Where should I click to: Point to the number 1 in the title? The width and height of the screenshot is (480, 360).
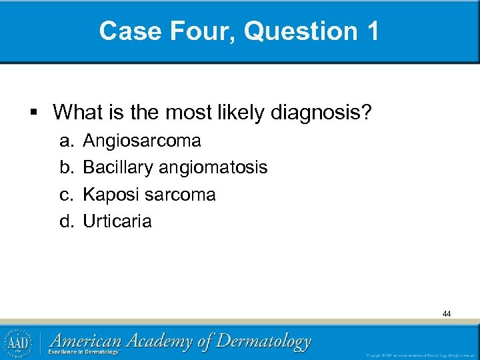[371, 31]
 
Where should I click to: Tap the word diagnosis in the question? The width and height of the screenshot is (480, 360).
[320, 112]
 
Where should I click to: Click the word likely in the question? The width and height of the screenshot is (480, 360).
[243, 112]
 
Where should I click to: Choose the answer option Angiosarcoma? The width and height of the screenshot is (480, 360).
[141, 141]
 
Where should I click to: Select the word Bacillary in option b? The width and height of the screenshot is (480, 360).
[117, 167]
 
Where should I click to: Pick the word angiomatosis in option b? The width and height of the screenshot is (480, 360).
[213, 167]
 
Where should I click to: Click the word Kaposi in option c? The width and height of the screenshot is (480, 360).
[109, 195]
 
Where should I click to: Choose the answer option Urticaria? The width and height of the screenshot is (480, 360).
[117, 221]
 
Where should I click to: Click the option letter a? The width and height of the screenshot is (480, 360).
[65, 141]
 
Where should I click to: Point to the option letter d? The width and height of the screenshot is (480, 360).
[65, 221]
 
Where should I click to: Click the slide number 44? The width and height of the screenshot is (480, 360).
[446, 313]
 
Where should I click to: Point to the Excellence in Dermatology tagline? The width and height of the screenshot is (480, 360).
[84, 352]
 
